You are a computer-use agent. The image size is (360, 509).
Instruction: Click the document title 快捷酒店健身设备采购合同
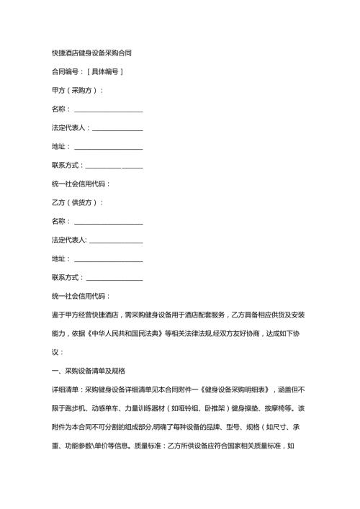[91, 53]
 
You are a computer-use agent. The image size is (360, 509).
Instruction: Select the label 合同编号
[66, 72]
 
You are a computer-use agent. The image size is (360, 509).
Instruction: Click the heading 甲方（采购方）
[77, 91]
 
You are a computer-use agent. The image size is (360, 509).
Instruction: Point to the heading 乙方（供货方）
[77, 203]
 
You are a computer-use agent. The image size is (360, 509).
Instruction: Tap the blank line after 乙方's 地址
[108, 259]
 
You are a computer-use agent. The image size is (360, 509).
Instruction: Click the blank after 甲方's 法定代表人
[117, 128]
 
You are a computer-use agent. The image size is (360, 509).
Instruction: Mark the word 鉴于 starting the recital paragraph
[58, 315]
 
